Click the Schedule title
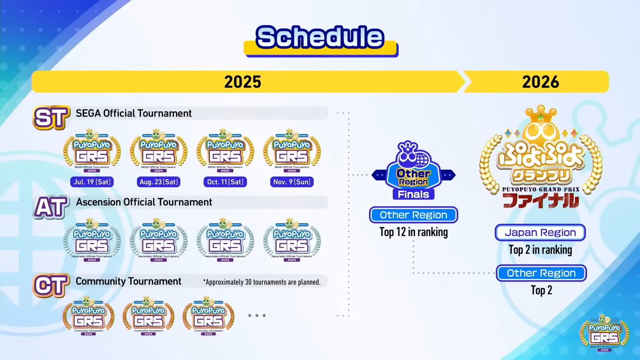319,37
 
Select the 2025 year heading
242,82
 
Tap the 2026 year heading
541,82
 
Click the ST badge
49,117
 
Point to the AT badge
49,206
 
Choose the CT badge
49,285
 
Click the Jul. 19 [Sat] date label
91,182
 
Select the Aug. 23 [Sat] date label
158,182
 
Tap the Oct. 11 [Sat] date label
224,182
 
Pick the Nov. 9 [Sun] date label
291,182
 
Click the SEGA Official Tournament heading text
134,113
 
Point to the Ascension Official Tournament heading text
144,202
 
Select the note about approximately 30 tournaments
261,282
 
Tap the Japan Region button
541,233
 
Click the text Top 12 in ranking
413,232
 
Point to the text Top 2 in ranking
540,250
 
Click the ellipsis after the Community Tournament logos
257,315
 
